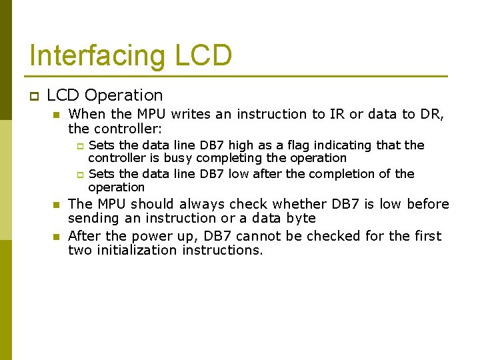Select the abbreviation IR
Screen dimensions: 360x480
click(x=337, y=115)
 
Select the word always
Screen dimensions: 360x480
click(x=202, y=204)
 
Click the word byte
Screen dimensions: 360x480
click(x=300, y=218)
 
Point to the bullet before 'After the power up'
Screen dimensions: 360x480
click(x=57, y=237)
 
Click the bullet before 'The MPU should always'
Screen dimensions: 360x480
click(x=57, y=205)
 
